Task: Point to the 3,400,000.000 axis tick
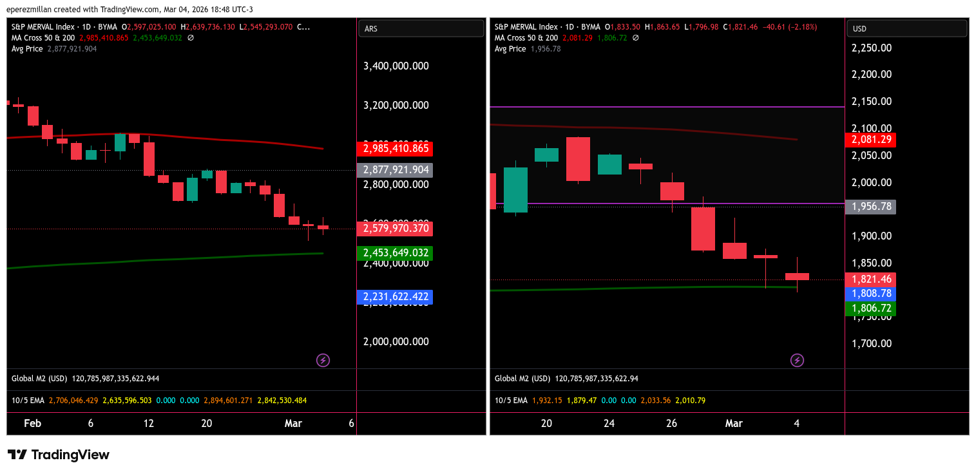pyautogui.click(x=396, y=66)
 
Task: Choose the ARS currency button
pyautogui.click(x=421, y=28)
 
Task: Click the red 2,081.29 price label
pyautogui.click(x=873, y=140)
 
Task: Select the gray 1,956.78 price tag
pyautogui.click(x=873, y=207)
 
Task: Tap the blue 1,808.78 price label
pyautogui.click(x=873, y=293)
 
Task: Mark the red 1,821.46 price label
pyautogui.click(x=873, y=279)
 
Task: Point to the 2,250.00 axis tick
pyautogui.click(x=872, y=48)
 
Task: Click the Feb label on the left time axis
pyautogui.click(x=32, y=423)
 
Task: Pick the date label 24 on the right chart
pyautogui.click(x=609, y=423)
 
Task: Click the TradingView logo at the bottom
pyautogui.click(x=59, y=455)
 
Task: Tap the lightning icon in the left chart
pyautogui.click(x=323, y=360)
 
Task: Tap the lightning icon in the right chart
pyautogui.click(x=797, y=360)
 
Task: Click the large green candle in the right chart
pyautogui.click(x=515, y=190)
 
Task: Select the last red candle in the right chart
pyautogui.click(x=797, y=276)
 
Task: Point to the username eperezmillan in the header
pyautogui.click(x=29, y=9)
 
